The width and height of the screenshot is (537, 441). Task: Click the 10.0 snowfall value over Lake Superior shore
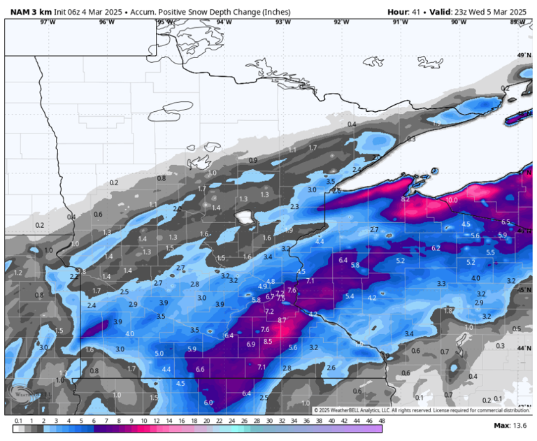point(451,200)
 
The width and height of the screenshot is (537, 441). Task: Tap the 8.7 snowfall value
point(282,319)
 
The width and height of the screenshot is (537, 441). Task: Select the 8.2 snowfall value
point(405,199)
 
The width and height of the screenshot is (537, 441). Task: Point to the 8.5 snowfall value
point(268,341)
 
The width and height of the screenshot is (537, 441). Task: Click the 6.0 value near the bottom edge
point(208,403)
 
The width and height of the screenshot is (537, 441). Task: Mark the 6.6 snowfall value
point(200,369)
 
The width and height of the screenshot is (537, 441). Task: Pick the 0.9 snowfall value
point(253,160)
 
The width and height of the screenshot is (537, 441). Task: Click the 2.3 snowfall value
point(294,206)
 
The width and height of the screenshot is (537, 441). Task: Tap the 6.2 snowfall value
point(436,248)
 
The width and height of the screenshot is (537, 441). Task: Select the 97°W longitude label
point(47,22)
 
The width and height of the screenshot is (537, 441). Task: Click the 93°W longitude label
point(282,22)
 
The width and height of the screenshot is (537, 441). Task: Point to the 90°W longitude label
point(458,22)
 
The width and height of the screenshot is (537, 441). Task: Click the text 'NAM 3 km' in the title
point(28,12)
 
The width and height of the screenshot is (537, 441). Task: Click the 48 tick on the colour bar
point(382,421)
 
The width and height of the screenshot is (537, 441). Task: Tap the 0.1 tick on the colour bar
point(17,421)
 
